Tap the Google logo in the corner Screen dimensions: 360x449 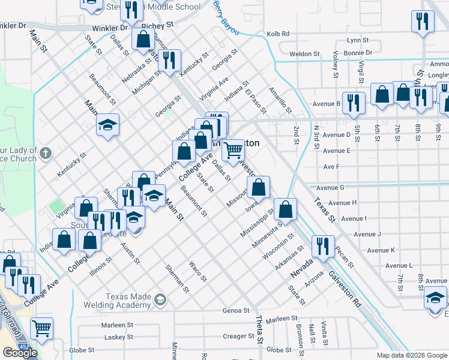click(20, 353)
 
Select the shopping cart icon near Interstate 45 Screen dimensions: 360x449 click(41, 328)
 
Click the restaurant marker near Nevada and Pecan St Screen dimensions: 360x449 click(323, 246)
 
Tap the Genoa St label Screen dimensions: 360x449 click(235, 311)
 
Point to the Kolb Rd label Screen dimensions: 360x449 click(278, 34)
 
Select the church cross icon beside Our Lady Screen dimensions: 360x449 click(45, 154)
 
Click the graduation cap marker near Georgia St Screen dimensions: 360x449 click(108, 125)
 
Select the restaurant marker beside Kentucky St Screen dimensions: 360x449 click(170, 60)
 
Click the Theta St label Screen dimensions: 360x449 click(259, 330)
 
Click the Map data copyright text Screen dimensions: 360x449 click(411, 355)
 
